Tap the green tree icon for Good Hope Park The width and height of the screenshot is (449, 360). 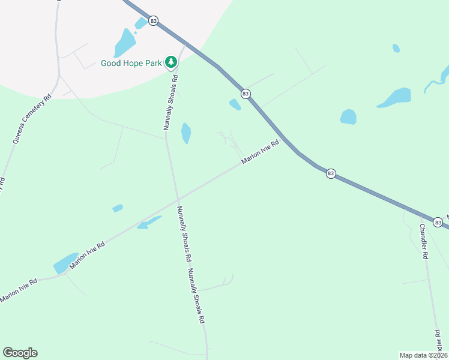[171, 62]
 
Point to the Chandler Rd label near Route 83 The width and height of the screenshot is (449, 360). [423, 241]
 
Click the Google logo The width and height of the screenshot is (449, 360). [20, 353]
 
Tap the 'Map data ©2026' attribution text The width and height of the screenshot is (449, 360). [423, 355]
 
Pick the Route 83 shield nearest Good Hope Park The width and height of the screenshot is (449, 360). [154, 21]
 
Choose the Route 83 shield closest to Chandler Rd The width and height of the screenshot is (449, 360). [438, 223]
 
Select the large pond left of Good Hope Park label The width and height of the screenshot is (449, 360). [125, 43]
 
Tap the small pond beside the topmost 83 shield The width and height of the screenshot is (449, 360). [141, 23]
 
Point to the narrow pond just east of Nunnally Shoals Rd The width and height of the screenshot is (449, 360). [186, 133]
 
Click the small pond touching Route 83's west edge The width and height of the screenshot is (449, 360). [235, 104]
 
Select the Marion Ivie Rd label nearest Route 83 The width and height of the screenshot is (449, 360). [261, 152]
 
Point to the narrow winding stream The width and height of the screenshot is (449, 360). [435, 80]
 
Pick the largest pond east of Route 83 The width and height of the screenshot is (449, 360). [395, 97]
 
